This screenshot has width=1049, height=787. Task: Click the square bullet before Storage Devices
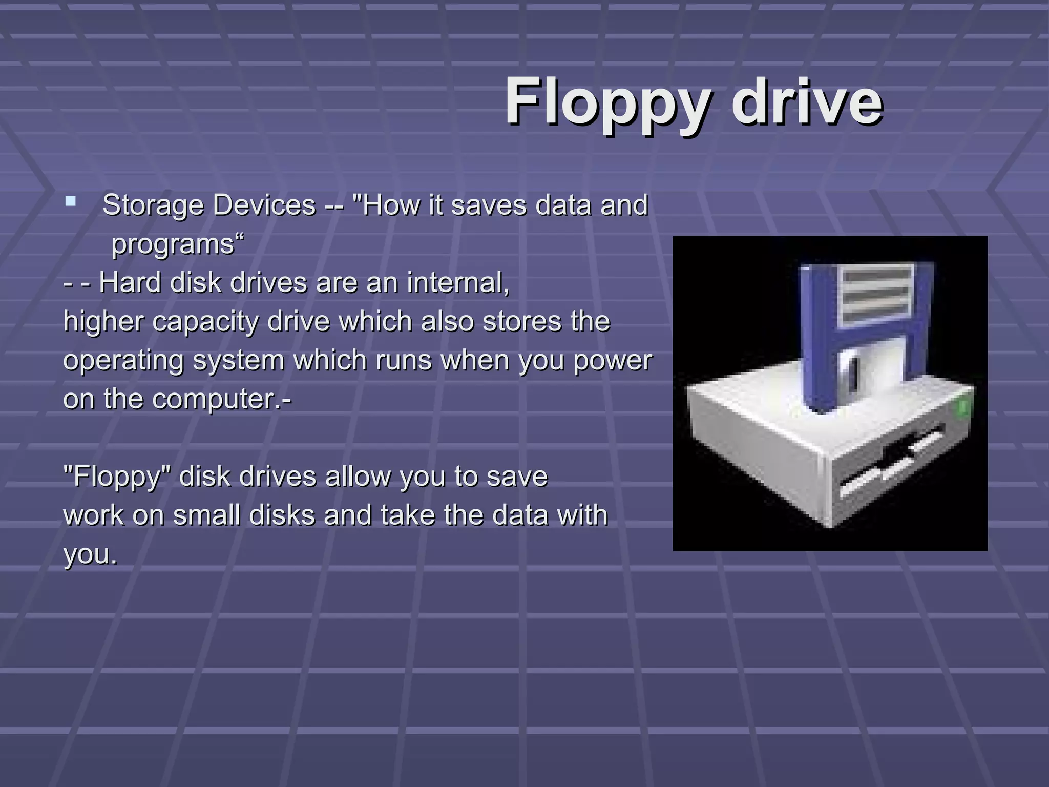(71, 201)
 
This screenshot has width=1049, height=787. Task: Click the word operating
(123, 361)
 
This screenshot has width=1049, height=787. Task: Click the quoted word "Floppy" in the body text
(117, 477)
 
